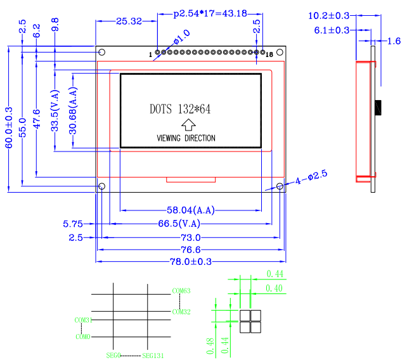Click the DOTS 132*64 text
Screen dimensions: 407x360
click(x=180, y=109)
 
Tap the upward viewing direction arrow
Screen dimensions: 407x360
click(x=188, y=125)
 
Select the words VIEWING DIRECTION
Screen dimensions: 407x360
click(x=186, y=138)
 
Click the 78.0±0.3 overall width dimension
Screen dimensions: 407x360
click(x=191, y=262)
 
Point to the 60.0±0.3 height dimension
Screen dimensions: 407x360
click(x=9, y=127)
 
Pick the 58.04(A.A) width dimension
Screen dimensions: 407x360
click(x=191, y=210)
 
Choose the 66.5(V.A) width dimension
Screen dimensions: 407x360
click(x=179, y=224)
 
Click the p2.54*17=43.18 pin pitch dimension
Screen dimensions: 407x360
click(x=210, y=13)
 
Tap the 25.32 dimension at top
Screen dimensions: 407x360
click(x=129, y=22)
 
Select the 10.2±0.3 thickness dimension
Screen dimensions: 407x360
click(x=328, y=16)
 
